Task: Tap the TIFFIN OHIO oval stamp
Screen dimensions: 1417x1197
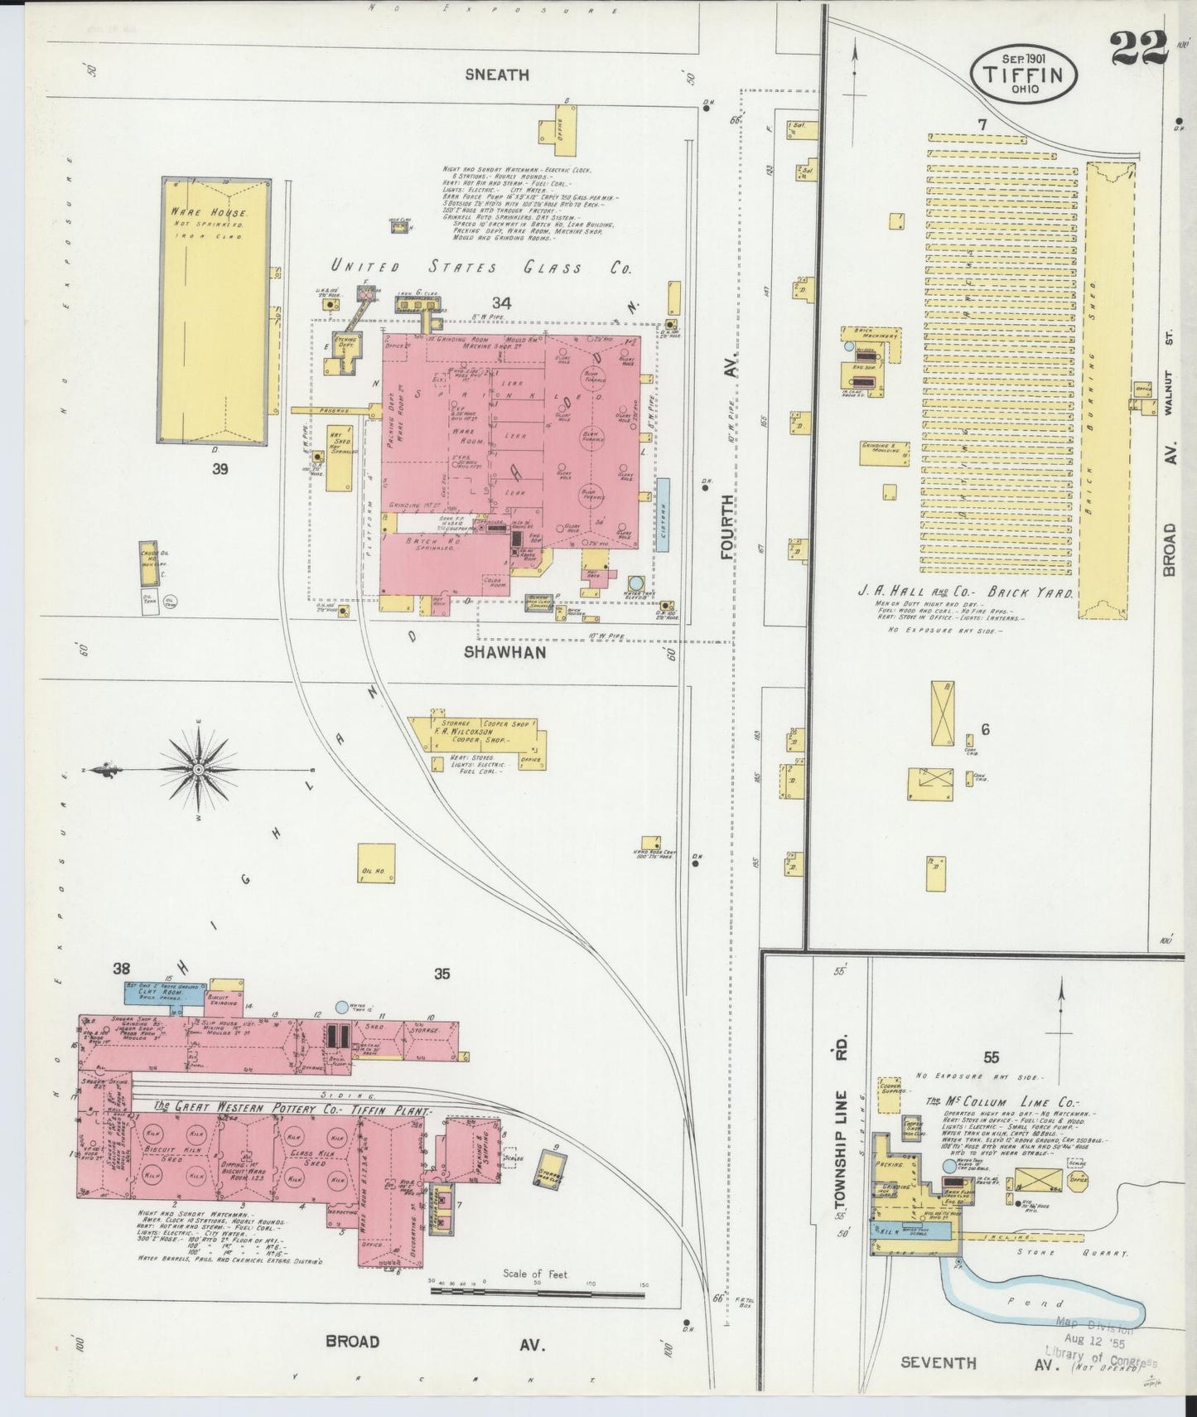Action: coord(1024,73)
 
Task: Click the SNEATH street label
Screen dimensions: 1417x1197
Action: coord(496,75)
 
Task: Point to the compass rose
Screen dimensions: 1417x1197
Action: coord(198,771)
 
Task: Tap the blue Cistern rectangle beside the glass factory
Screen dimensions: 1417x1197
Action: coord(663,515)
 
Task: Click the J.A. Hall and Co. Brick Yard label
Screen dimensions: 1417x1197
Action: coord(965,594)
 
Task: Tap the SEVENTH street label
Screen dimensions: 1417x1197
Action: coord(938,1362)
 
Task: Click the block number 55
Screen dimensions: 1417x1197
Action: coord(992,1057)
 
